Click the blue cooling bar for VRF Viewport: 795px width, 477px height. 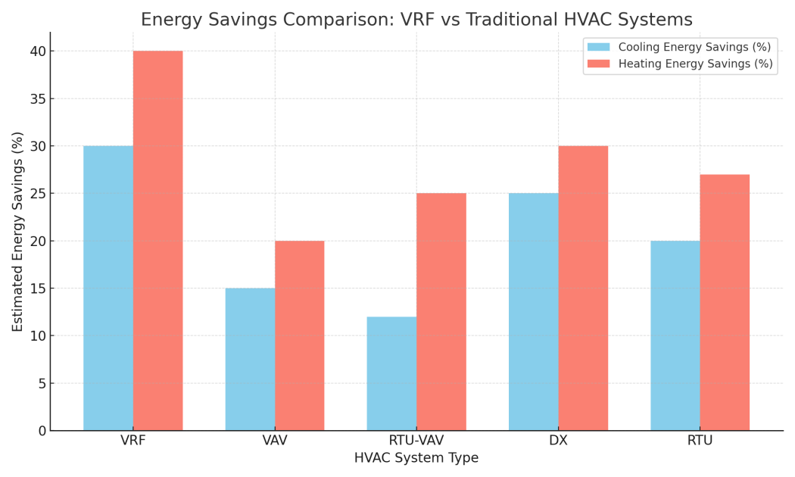(108, 288)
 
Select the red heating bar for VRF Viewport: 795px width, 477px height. (157, 241)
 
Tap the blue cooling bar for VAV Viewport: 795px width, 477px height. (250, 359)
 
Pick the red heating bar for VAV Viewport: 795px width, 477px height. (299, 335)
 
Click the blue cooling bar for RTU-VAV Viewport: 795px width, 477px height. (391, 373)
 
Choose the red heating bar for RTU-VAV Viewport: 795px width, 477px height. (441, 312)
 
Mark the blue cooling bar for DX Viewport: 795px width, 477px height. (533, 312)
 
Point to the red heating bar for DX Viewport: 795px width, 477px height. (583, 288)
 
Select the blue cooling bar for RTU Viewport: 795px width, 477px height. (675, 335)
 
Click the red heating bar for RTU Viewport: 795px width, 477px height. (725, 302)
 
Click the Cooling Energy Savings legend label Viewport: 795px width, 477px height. (694, 47)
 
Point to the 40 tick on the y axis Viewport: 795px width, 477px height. (38, 51)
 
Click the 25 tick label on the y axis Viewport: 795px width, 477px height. (38, 194)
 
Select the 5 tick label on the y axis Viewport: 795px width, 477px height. (42, 383)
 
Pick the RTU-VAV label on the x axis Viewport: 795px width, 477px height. (416, 441)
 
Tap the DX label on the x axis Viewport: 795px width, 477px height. (558, 441)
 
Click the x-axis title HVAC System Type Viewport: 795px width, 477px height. (416, 458)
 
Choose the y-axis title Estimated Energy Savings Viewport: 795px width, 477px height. (18, 231)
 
